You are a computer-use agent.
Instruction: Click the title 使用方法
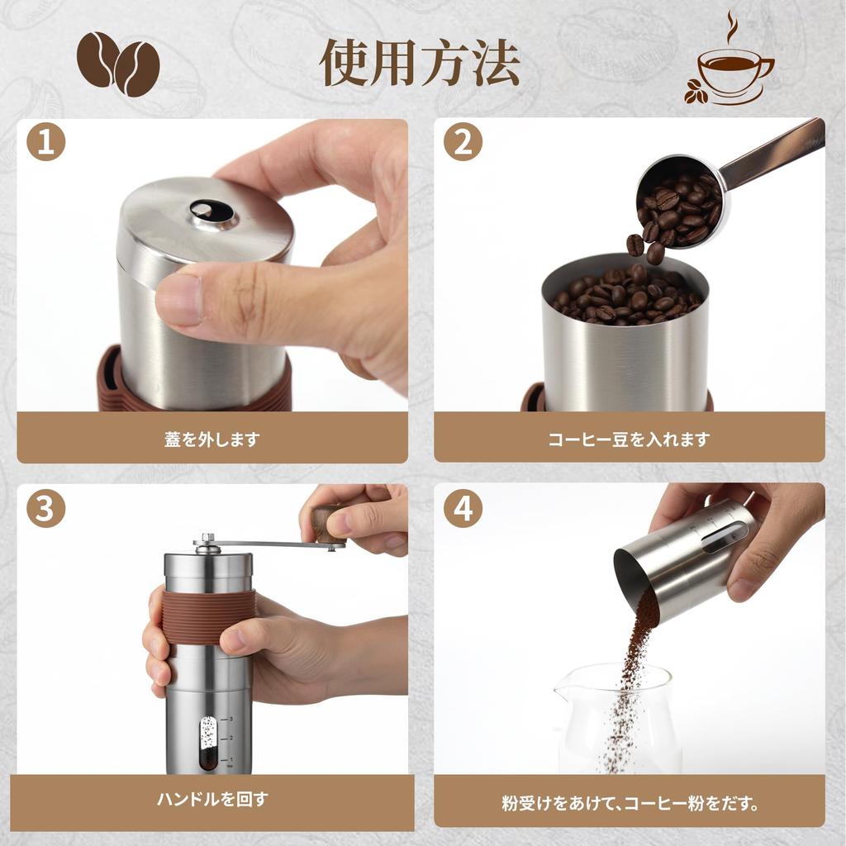(x=420, y=63)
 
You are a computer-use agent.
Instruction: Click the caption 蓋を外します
(x=211, y=440)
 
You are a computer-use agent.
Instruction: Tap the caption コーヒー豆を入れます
(x=629, y=440)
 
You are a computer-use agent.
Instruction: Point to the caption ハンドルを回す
(x=211, y=799)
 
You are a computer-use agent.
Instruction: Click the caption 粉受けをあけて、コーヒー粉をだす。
(x=629, y=802)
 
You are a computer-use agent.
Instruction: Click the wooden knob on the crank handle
(x=329, y=525)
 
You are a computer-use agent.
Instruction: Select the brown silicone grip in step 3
(x=211, y=615)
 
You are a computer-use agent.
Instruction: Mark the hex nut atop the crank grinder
(x=207, y=539)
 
